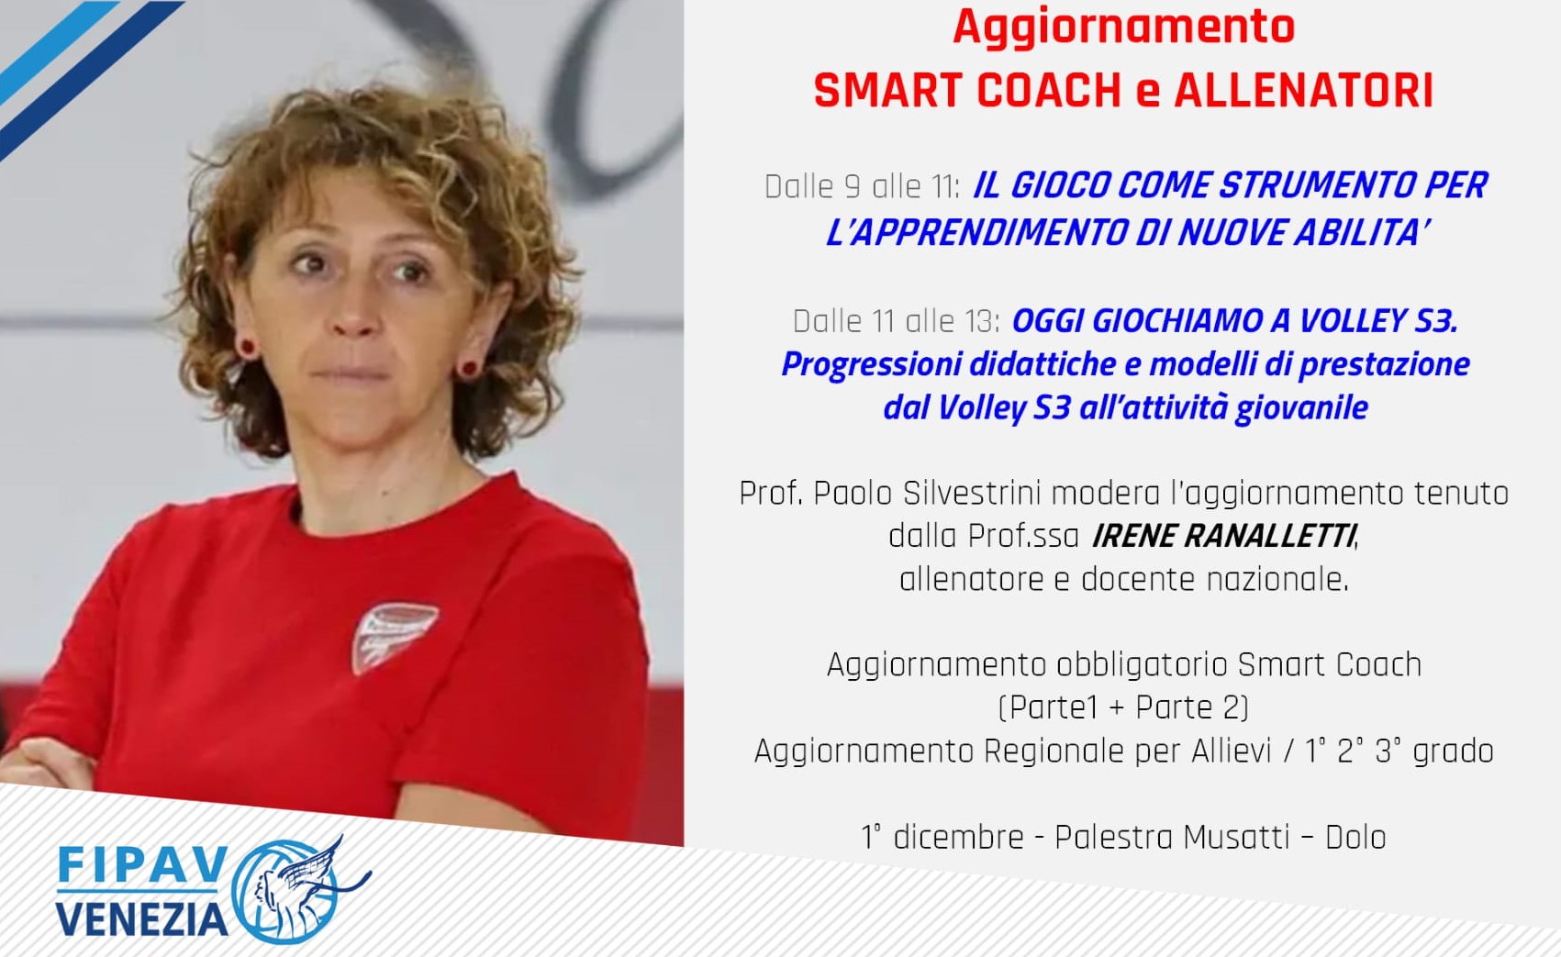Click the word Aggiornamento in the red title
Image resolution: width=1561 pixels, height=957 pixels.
click(1123, 28)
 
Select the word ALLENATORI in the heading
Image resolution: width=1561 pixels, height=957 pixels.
click(1303, 91)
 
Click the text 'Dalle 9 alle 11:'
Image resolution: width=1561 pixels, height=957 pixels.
click(862, 187)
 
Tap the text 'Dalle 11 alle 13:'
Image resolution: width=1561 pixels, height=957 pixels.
click(897, 321)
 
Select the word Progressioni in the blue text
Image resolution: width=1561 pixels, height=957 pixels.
click(871, 365)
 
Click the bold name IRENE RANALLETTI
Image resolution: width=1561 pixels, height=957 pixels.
click(1223, 537)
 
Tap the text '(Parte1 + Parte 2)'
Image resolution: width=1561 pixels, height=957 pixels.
click(1123, 707)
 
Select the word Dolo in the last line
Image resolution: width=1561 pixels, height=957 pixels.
click(1355, 837)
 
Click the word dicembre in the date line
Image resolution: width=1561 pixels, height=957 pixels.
click(958, 837)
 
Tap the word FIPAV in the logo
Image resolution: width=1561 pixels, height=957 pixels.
click(142, 865)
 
